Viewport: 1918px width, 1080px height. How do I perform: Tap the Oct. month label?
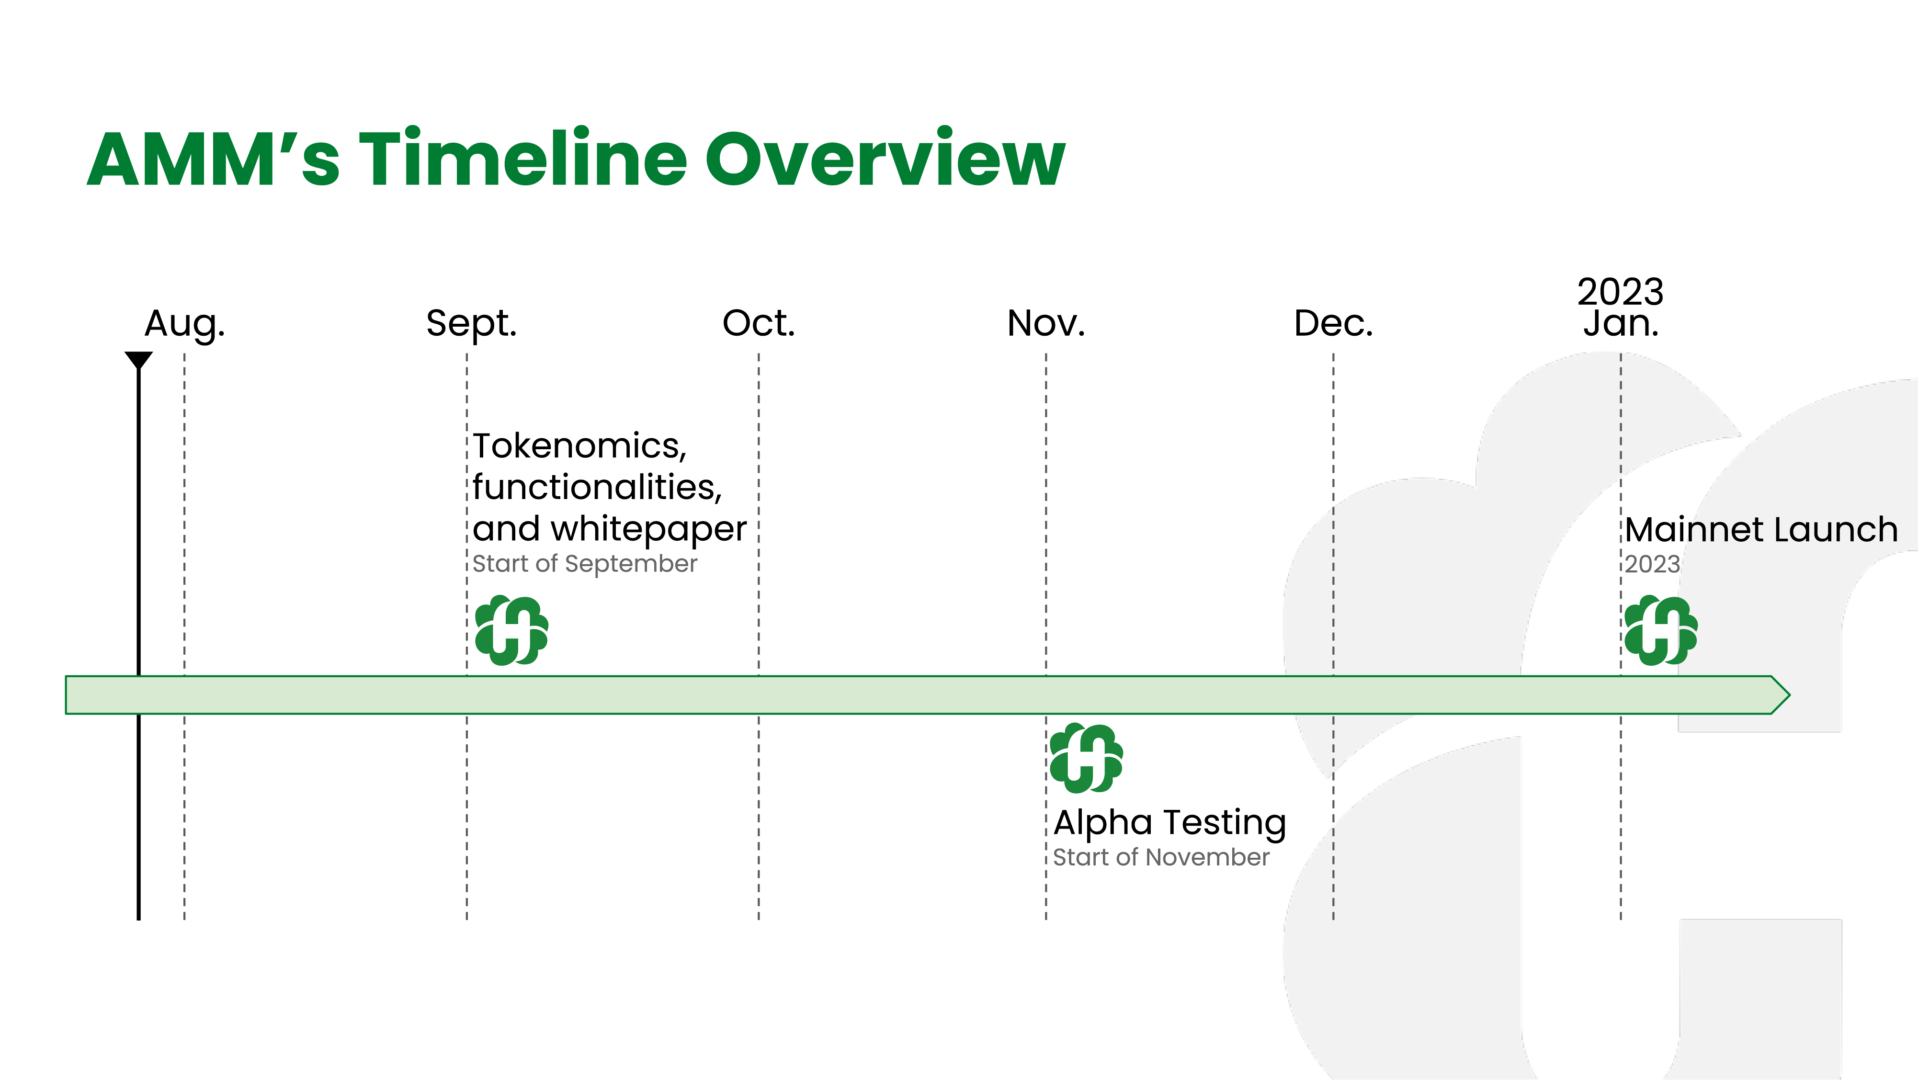coord(759,323)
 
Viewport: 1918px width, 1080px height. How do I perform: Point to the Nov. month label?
coord(1046,323)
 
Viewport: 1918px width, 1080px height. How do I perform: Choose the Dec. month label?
coord(1334,323)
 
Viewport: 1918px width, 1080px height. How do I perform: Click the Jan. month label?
coord(1621,324)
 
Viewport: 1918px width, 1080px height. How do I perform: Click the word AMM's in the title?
coord(214,159)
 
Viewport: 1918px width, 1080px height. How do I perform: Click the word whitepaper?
coord(648,530)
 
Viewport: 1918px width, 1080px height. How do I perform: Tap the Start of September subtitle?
coord(584,564)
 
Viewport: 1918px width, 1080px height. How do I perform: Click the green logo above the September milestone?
coord(511,630)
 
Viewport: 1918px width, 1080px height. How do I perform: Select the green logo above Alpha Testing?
coord(1086,758)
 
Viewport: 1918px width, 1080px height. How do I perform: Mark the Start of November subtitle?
coord(1161,857)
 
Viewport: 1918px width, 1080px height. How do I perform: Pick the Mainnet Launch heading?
coord(1761,530)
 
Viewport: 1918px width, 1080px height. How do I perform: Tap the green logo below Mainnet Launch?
coord(1661,630)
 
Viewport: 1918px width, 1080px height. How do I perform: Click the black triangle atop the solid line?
coord(138,360)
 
